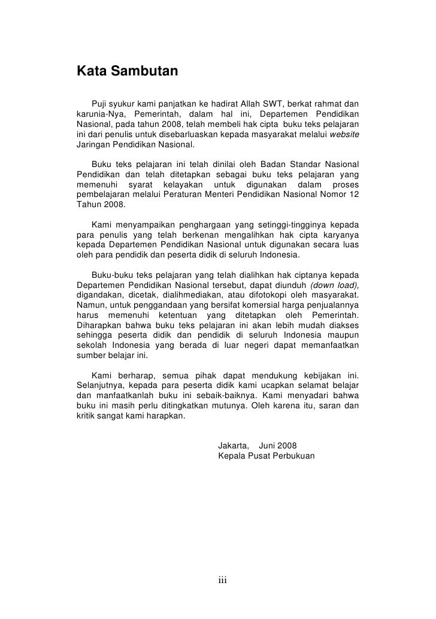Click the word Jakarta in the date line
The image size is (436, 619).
click(x=234, y=445)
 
